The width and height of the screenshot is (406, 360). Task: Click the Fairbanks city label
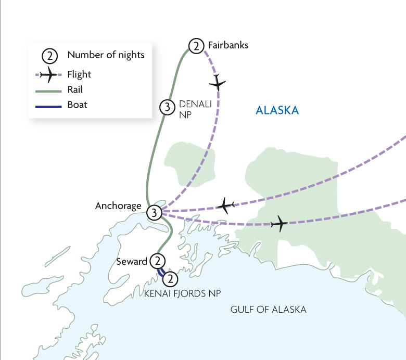click(x=228, y=45)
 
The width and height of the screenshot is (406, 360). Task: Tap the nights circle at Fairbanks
click(x=196, y=46)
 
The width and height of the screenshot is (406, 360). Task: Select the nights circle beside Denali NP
click(x=166, y=107)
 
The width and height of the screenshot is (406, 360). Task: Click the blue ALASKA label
click(x=277, y=110)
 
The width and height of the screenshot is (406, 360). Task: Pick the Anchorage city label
click(x=118, y=206)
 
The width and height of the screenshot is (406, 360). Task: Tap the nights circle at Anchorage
click(x=154, y=212)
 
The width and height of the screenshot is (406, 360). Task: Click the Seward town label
click(x=132, y=262)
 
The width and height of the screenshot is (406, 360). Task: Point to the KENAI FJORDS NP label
click(x=182, y=294)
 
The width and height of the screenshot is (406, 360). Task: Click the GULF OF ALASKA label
click(x=268, y=310)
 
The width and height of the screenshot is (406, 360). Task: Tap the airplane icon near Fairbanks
click(x=218, y=83)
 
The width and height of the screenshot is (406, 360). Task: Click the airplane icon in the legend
click(x=48, y=75)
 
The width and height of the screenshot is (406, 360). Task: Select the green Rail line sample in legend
click(x=48, y=90)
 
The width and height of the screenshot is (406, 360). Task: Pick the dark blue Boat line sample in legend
click(x=48, y=105)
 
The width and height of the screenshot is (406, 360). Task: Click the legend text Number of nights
click(x=106, y=55)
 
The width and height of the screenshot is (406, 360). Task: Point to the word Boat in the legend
click(x=77, y=105)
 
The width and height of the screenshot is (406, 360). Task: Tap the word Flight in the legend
click(x=79, y=74)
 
